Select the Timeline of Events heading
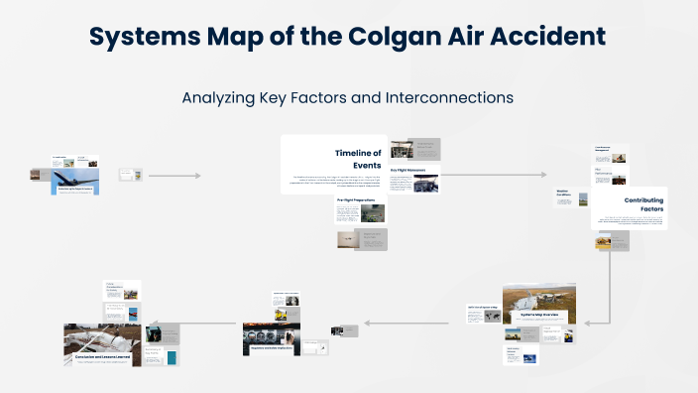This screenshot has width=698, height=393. click(357, 158)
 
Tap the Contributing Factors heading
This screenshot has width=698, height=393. click(643, 205)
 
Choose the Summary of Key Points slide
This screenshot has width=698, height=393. click(162, 355)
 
